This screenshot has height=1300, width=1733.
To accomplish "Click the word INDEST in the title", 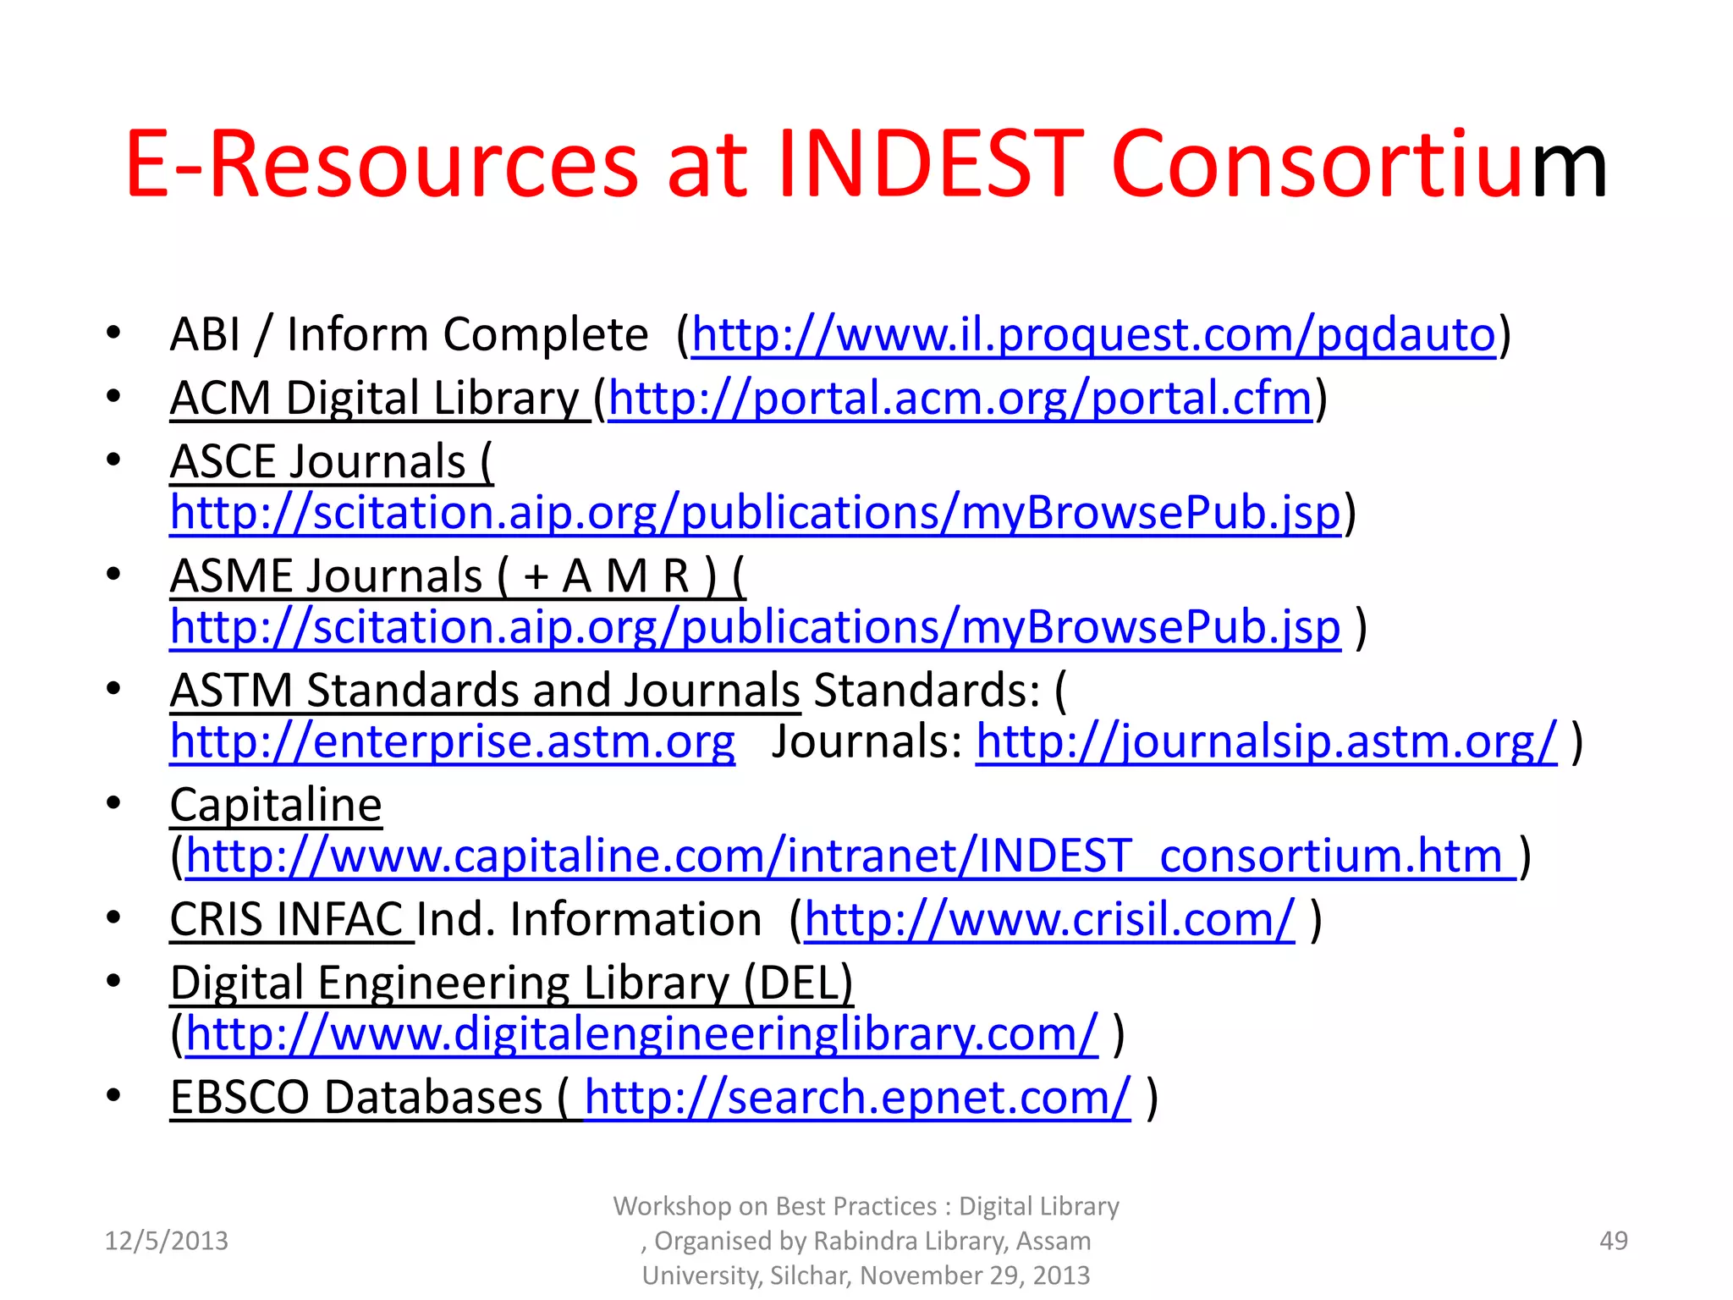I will click(x=929, y=164).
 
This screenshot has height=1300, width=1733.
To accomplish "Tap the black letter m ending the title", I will click(x=1569, y=168).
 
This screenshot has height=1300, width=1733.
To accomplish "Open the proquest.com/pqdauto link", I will click(x=1093, y=334).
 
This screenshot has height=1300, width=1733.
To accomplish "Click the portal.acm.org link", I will click(x=960, y=398).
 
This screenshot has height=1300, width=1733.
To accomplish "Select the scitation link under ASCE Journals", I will click(x=755, y=513).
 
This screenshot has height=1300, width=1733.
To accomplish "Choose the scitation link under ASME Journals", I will click(x=755, y=627).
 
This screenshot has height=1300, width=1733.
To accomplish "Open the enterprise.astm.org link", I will click(x=452, y=741).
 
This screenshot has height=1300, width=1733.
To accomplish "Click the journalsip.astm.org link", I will click(x=1266, y=741).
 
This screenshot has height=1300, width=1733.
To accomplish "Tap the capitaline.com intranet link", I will click(x=850, y=856).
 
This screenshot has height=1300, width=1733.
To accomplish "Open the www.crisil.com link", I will click(x=1049, y=920).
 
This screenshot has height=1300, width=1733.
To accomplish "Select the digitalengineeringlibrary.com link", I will click(x=641, y=1034).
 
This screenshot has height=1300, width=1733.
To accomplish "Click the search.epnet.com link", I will click(x=856, y=1098).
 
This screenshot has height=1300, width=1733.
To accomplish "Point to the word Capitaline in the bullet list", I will click(x=276, y=805).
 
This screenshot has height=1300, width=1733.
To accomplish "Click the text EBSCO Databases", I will click(x=355, y=1098).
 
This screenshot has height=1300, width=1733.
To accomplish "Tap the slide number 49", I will click(x=1613, y=1241).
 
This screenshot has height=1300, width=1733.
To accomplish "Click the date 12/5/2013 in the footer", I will click(x=166, y=1241).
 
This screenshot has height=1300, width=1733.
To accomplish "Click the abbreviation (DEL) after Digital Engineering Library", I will click(x=797, y=983).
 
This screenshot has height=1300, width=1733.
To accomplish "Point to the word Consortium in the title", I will click(x=1357, y=164).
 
